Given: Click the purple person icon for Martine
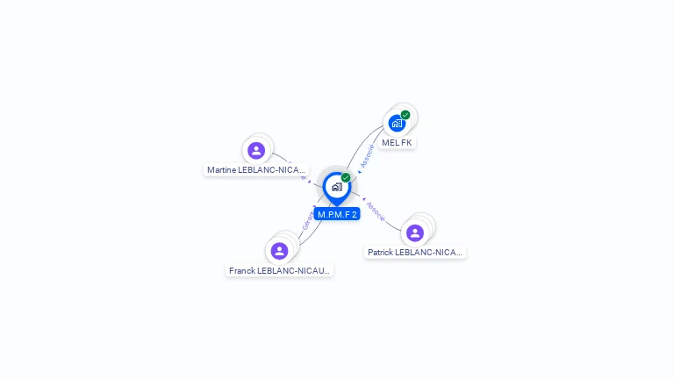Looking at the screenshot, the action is click(x=256, y=150).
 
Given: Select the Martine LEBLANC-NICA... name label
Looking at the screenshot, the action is click(x=256, y=169).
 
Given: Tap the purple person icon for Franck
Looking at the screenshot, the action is click(x=279, y=251).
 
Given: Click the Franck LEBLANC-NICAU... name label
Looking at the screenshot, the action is click(x=280, y=271).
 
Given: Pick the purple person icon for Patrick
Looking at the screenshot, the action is click(x=415, y=232).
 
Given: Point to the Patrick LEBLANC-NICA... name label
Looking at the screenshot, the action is click(x=414, y=253).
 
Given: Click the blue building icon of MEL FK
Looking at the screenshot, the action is click(x=396, y=124).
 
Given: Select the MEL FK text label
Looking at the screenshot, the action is click(x=397, y=142).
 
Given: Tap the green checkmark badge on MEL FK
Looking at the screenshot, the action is click(x=405, y=115).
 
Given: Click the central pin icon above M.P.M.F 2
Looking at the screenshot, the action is click(x=336, y=187).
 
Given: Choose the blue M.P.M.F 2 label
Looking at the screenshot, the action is click(x=338, y=214).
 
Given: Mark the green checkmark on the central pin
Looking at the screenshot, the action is click(x=346, y=178).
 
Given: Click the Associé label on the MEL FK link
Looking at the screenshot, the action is click(x=369, y=155).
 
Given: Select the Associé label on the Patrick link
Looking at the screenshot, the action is click(x=375, y=211).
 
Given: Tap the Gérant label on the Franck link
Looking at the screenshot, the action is click(x=307, y=219).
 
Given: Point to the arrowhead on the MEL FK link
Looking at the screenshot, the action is click(x=360, y=170).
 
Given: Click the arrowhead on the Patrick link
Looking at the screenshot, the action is click(x=363, y=198).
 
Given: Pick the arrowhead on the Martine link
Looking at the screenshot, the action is click(x=309, y=182).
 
